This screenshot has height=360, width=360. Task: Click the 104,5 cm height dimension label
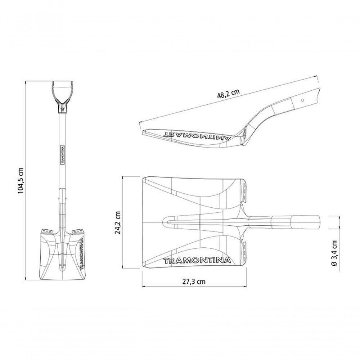click(21, 180)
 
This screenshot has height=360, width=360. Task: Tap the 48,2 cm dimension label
click(228, 93)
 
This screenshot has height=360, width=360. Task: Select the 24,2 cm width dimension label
click(118, 222)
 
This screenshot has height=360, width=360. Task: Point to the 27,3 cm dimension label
click(194, 282)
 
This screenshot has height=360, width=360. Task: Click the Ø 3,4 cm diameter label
click(334, 253)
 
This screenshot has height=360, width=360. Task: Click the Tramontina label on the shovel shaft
click(62, 154)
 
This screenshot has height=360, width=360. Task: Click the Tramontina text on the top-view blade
click(197, 261)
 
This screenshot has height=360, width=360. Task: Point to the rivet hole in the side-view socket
click(303, 100)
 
